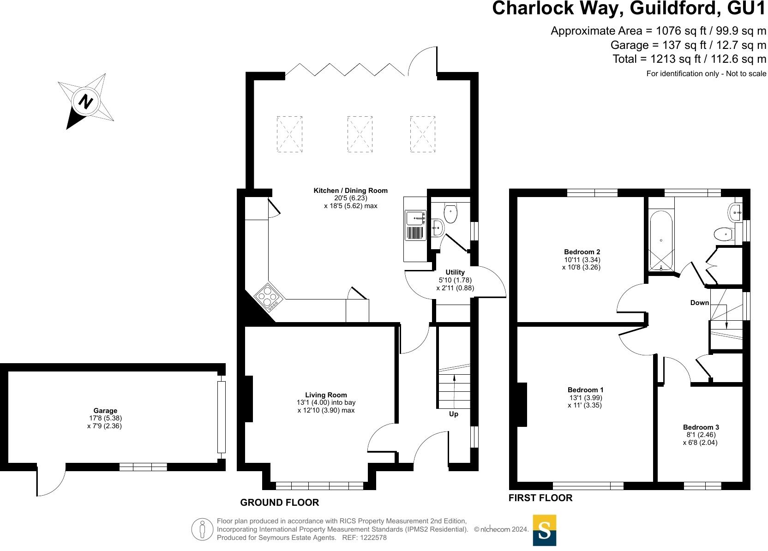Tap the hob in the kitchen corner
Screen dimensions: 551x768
point(269,297)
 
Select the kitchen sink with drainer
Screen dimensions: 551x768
point(415,225)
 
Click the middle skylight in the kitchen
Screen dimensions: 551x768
point(360,134)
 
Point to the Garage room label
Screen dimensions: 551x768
point(105,410)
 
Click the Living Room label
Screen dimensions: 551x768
point(326,395)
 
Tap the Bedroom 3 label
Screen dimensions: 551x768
point(701,427)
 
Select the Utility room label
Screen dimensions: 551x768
point(455,272)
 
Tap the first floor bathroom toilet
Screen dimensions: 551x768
point(723,234)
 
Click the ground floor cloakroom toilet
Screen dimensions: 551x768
point(450,214)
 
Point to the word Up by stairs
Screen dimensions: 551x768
point(454,414)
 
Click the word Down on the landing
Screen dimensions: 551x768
point(699,303)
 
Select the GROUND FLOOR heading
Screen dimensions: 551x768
point(279,502)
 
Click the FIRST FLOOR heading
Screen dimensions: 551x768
point(540,497)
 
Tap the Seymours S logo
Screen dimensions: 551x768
point(545,530)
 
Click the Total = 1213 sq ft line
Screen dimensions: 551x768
point(689,59)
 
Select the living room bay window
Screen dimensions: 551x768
point(319,485)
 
